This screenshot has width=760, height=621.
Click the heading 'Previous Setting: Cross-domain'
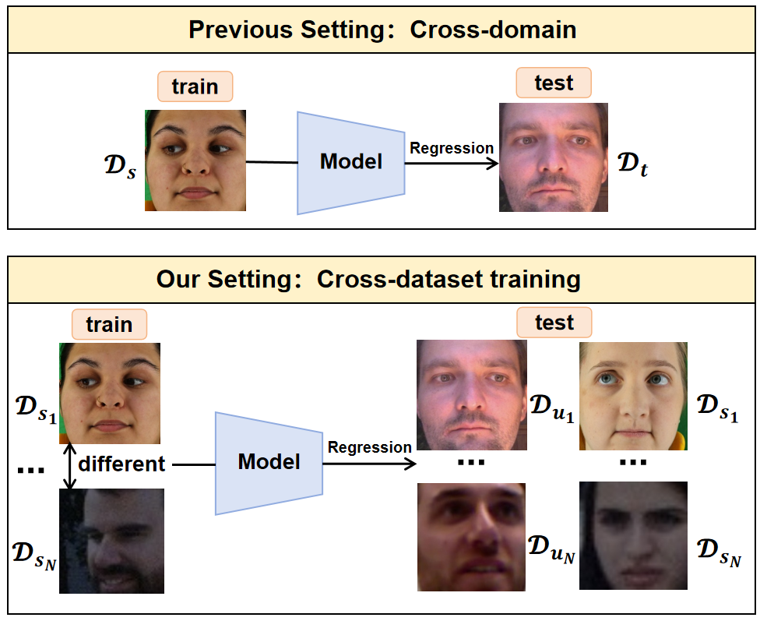coord(382,30)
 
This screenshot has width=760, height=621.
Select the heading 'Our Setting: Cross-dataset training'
coord(368,279)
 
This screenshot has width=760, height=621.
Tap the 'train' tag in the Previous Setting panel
coord(195,86)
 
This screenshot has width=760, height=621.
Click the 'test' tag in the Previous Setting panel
coord(554,83)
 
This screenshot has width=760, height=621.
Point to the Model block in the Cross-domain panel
coord(350,162)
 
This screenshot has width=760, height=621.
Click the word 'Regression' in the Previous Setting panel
coord(452,148)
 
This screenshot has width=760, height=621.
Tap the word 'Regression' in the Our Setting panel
coord(369,447)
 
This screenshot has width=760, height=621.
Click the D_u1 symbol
coord(551,408)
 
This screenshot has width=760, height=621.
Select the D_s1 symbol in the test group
coord(716,408)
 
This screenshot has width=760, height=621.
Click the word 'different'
coord(121,464)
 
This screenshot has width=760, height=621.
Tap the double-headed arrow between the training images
coord(70,466)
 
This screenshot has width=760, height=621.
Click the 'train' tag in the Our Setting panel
coord(109,324)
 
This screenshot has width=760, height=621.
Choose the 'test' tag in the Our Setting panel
coord(554,322)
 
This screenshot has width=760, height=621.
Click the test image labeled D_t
coord(553,157)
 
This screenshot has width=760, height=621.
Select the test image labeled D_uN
coord(471,538)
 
